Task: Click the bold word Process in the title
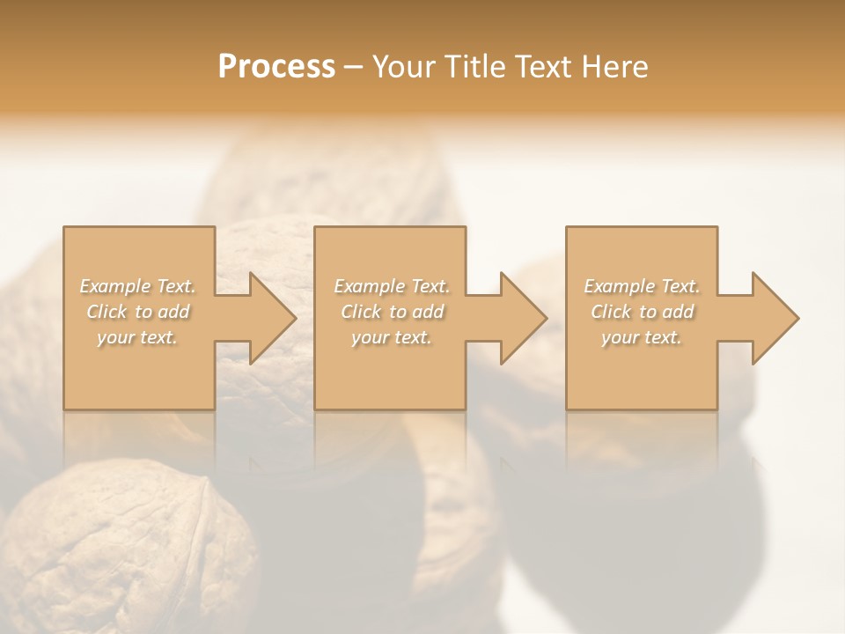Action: (276, 67)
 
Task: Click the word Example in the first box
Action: (114, 286)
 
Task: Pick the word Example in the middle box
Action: (368, 286)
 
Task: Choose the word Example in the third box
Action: (619, 286)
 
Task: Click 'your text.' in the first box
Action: (137, 337)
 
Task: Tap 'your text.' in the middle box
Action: (391, 337)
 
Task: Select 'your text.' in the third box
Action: (642, 337)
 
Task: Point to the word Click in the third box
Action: (611, 312)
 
